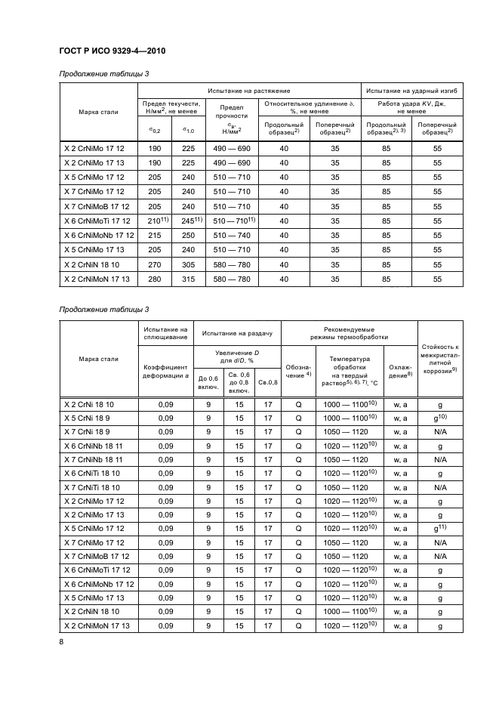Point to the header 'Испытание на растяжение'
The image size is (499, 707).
(248, 91)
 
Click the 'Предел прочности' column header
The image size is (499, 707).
(232, 115)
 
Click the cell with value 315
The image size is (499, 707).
(188, 279)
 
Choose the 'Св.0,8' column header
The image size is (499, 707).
(268, 382)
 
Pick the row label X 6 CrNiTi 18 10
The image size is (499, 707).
(90, 473)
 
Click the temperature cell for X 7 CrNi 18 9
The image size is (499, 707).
(350, 432)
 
